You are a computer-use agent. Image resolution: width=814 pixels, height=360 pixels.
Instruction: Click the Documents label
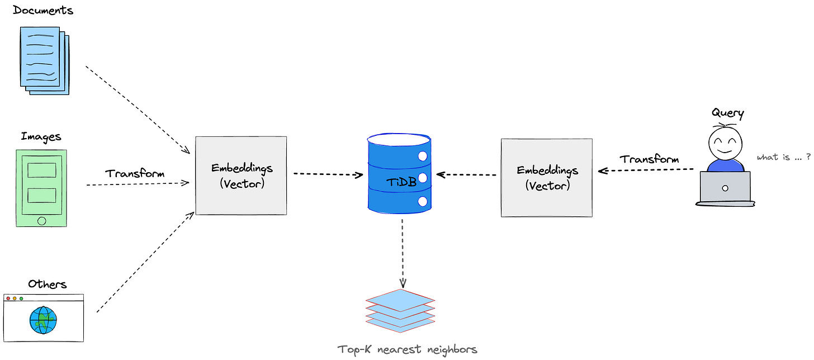pyautogui.click(x=42, y=11)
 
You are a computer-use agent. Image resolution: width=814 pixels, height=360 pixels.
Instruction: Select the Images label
pyautogui.click(x=41, y=137)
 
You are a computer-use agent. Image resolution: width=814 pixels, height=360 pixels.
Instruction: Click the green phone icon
pyautogui.click(x=41, y=188)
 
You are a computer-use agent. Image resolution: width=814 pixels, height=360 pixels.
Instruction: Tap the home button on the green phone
pyautogui.click(x=41, y=221)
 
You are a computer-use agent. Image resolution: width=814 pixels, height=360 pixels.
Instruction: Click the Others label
pyautogui.click(x=48, y=285)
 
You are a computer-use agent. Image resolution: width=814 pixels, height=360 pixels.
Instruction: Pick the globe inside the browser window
pyautogui.click(x=44, y=320)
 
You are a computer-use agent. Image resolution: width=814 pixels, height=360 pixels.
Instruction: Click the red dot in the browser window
pyautogui.click(x=8, y=299)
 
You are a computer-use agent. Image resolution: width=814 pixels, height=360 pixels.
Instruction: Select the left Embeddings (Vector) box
pyautogui.click(x=241, y=175)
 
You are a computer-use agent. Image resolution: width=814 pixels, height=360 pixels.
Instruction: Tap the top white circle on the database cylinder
pyautogui.click(x=423, y=156)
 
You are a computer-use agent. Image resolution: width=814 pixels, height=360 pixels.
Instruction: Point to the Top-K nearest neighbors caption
pyautogui.click(x=407, y=350)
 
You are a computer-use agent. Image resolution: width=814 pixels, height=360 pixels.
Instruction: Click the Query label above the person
pyautogui.click(x=727, y=113)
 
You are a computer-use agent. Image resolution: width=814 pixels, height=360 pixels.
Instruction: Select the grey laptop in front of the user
pyautogui.click(x=725, y=188)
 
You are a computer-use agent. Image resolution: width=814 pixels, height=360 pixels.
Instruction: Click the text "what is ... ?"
pyautogui.click(x=783, y=158)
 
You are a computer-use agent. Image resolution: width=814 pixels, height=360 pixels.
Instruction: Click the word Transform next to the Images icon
pyautogui.click(x=135, y=173)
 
